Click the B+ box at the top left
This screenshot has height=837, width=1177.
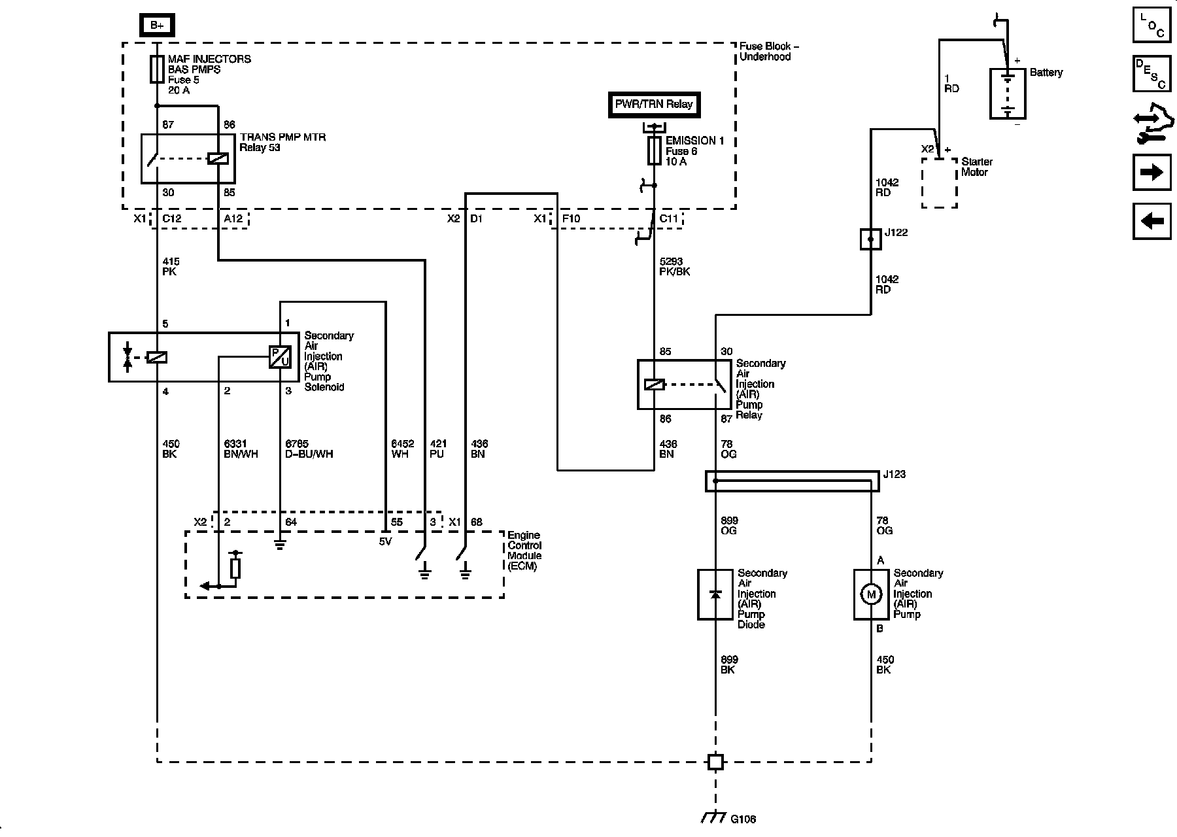(x=157, y=26)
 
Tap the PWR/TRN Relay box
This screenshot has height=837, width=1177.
(x=653, y=105)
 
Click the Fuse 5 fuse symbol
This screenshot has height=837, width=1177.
(x=157, y=69)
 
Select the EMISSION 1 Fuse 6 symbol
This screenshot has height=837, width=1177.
(x=654, y=151)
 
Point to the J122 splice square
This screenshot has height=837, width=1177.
(x=871, y=239)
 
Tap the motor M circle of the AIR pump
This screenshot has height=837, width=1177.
(x=870, y=594)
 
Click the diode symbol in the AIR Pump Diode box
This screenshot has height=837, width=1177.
(x=715, y=594)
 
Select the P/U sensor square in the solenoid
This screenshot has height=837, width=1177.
(x=280, y=357)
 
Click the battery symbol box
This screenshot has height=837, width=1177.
(x=1008, y=94)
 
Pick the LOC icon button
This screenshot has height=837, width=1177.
(x=1151, y=26)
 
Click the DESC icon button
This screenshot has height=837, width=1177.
(x=1151, y=73)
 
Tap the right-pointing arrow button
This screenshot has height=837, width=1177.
(x=1151, y=173)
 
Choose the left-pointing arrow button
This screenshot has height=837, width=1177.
(x=1151, y=221)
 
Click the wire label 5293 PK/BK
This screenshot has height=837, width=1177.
(x=674, y=266)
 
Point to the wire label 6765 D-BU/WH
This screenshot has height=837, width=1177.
(x=309, y=449)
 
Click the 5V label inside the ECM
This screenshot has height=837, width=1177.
(x=385, y=541)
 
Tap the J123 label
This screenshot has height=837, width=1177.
(x=894, y=474)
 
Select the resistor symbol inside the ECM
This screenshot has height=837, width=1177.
(x=235, y=568)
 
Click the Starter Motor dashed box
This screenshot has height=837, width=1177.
(x=939, y=182)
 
